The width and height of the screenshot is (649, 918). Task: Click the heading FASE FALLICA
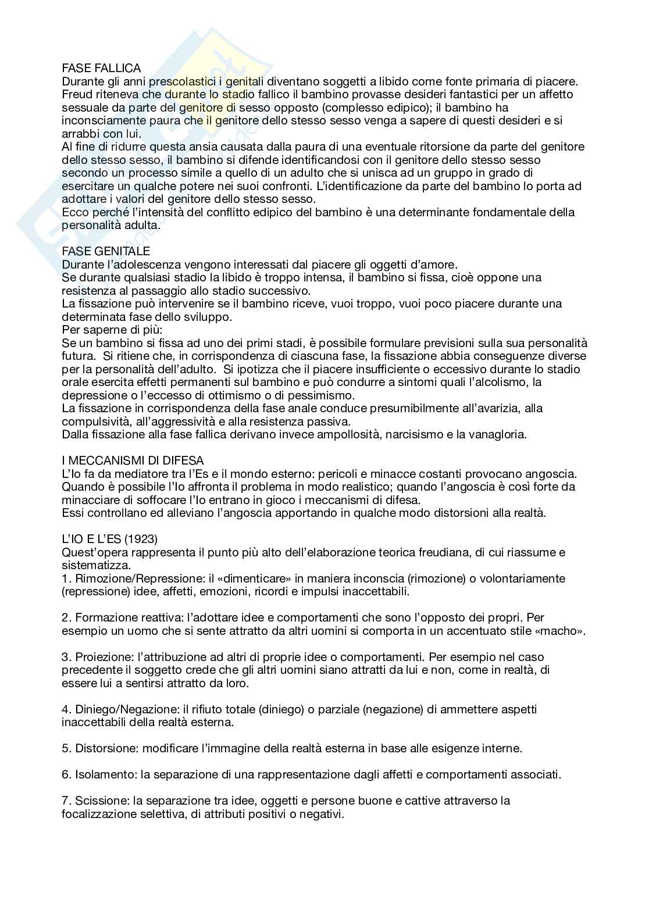click(101, 69)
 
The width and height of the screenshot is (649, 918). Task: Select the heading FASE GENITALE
click(106, 251)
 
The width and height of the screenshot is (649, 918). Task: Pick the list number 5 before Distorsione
click(66, 749)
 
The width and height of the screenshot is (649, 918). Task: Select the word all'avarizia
click(493, 408)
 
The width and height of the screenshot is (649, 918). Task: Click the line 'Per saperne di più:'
click(108, 330)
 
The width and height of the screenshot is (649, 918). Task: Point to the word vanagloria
click(498, 434)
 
